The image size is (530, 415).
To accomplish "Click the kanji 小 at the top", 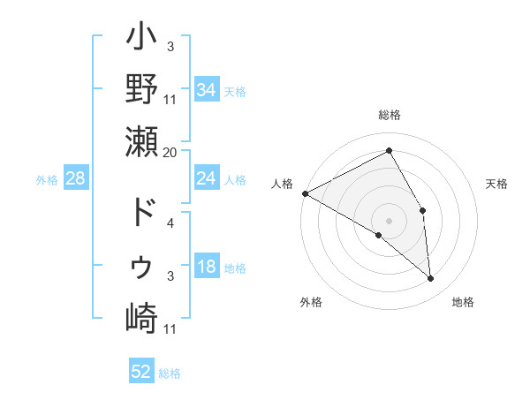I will [x=141, y=39].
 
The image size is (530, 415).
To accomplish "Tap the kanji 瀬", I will [x=141, y=141].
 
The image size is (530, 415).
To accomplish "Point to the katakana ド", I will [x=141, y=213].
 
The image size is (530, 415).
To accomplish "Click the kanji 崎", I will [x=141, y=318].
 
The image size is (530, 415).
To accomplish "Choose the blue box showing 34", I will [x=206, y=89].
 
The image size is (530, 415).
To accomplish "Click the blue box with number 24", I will [x=206, y=178].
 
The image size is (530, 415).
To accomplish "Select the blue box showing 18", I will [x=206, y=268].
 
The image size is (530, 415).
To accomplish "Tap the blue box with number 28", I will [x=75, y=178].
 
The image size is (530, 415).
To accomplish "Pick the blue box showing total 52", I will [x=141, y=372].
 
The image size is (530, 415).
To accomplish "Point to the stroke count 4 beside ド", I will [x=170, y=223].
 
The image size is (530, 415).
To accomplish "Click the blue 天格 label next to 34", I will [x=235, y=90].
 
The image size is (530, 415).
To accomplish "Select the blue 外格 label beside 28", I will [x=47, y=179].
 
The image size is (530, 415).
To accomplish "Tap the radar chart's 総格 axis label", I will [x=390, y=115].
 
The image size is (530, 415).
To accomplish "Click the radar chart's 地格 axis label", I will [x=463, y=302].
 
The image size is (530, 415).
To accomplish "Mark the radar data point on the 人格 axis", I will [x=305, y=192].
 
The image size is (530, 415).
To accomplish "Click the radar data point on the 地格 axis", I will [x=431, y=278].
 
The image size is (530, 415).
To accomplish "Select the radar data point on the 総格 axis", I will [x=390, y=151].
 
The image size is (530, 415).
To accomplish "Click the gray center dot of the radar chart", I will [x=390, y=220].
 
